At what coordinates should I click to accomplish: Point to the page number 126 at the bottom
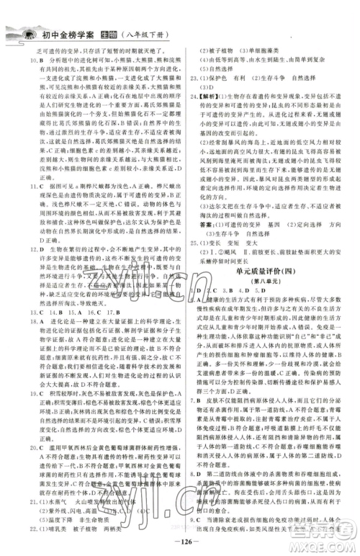[179, 542]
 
